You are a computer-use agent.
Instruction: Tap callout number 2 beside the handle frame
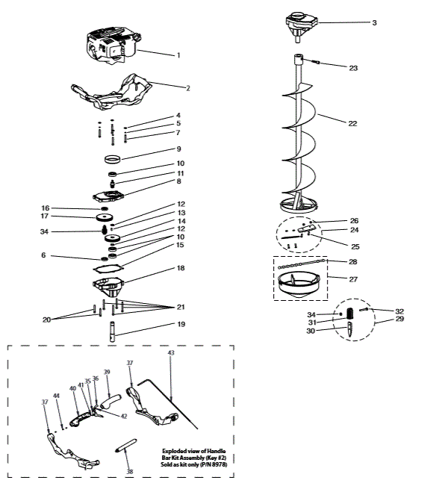point(188,88)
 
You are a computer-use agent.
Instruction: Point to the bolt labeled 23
point(311,66)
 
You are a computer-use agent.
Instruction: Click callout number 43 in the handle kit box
point(170,352)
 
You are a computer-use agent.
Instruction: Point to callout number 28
point(353,261)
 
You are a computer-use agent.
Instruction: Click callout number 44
point(55,395)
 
